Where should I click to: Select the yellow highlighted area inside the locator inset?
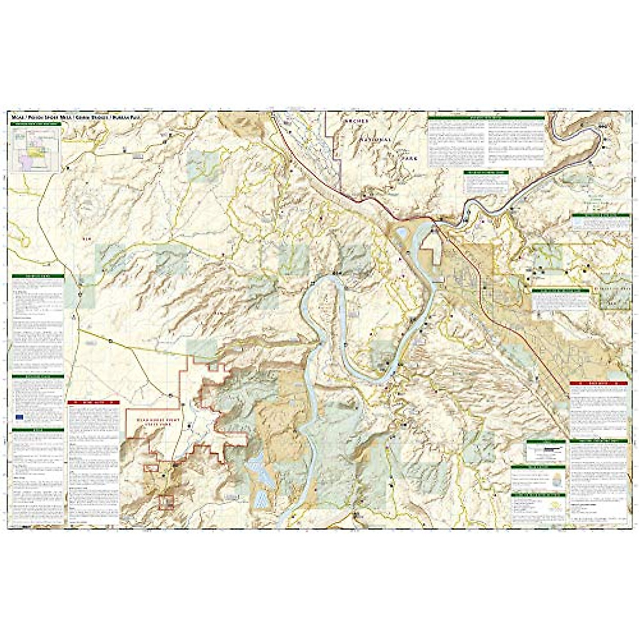(x=37, y=152)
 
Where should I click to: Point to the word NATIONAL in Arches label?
(x=375, y=140)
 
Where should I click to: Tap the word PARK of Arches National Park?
(x=410, y=158)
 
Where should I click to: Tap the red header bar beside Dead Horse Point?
(x=93, y=404)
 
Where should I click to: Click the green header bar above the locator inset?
(x=36, y=124)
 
